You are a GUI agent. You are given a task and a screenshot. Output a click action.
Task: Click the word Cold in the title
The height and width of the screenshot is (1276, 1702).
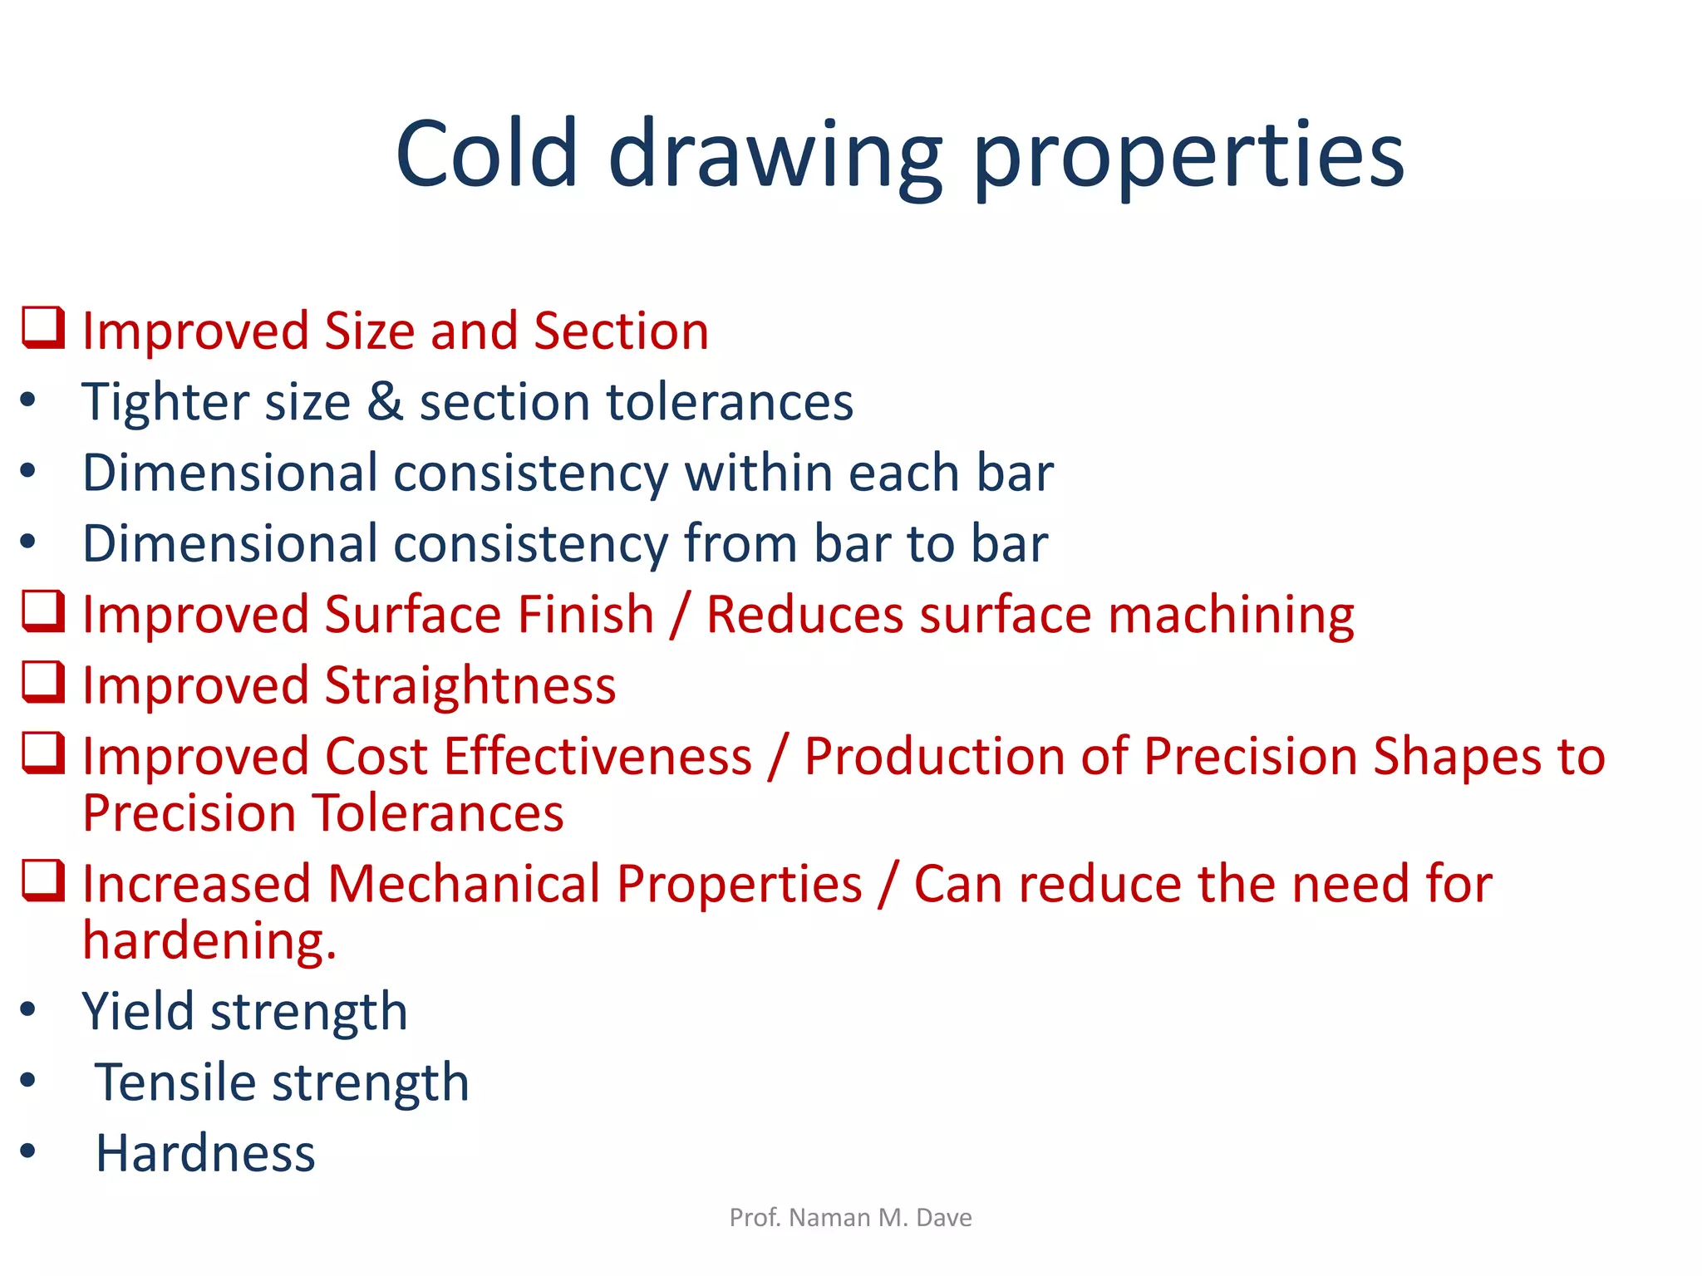(486, 154)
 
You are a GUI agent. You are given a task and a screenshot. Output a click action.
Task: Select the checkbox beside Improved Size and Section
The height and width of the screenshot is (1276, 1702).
(42, 327)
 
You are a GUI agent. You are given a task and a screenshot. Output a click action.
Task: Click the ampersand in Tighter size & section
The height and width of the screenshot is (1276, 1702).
(385, 402)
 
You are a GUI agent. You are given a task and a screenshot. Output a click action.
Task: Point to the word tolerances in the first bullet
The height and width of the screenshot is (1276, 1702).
(730, 402)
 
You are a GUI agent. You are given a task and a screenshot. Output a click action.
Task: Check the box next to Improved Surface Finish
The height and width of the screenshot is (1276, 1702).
(42, 611)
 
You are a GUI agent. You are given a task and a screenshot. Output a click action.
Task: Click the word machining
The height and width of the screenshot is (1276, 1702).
(1231, 616)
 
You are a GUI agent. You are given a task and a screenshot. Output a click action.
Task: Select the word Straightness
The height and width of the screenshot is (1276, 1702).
(470, 687)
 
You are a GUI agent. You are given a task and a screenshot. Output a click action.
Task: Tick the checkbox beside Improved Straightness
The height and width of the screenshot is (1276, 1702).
(42, 682)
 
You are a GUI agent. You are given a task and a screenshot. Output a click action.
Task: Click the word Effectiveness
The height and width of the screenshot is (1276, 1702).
(598, 757)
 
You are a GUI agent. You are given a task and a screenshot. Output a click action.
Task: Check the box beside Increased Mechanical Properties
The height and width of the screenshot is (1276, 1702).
(42, 881)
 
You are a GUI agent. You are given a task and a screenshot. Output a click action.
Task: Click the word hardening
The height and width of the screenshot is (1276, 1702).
(208, 941)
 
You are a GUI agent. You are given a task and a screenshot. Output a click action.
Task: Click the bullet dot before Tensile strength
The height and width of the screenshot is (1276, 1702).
(28, 1081)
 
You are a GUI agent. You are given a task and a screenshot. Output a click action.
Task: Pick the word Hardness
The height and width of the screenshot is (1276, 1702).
(205, 1154)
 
